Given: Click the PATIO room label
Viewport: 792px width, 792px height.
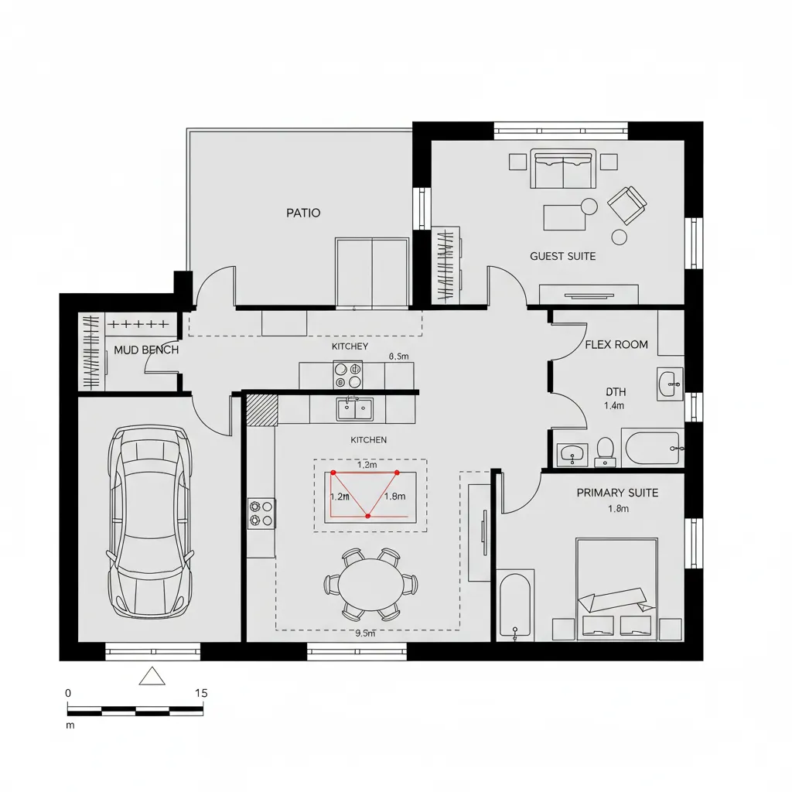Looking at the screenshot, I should point(303,213).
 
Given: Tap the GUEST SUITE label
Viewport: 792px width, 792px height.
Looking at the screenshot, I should point(563,256).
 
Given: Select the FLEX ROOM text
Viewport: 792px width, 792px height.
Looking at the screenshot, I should point(616,344).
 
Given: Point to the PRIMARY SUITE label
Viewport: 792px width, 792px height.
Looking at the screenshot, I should point(618,493).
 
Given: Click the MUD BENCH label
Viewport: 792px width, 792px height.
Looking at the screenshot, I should point(146,350).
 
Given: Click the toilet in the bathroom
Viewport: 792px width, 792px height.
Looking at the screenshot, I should point(605,450).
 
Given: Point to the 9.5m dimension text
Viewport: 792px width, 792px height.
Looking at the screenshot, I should point(364,633).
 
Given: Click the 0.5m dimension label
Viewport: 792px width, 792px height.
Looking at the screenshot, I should point(398,357).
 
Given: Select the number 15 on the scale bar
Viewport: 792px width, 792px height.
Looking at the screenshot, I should point(201,693).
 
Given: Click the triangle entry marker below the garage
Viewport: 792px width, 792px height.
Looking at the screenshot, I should point(152,677).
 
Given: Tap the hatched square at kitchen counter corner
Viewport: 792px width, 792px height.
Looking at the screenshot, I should point(261,410).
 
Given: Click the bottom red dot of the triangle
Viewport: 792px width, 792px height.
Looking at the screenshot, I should point(368,515).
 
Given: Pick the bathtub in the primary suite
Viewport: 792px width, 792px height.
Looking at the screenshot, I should point(514,606).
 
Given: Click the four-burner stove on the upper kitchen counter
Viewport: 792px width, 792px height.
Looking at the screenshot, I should point(347,375).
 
